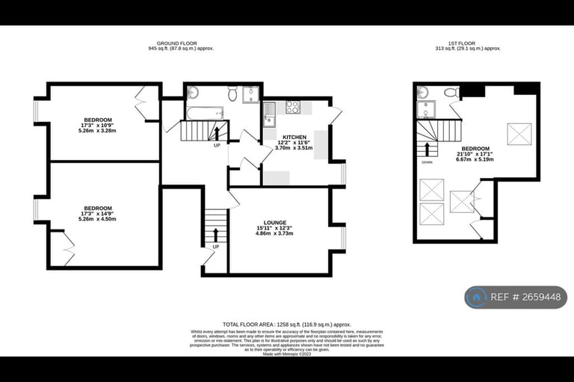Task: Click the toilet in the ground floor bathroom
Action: pos(233,94)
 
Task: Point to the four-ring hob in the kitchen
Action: pos(292,108)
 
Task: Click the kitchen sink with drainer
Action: pos(270,114)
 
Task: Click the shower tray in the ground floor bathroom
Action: pos(250,95)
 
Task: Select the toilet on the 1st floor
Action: pos(451,93)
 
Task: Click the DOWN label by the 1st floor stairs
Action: pos(427,161)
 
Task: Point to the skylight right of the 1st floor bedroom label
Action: pos(519,133)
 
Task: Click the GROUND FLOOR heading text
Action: pos(182,43)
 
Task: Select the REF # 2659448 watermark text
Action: pos(528,298)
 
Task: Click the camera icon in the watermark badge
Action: pos(476,298)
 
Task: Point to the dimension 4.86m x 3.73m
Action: pos(275,234)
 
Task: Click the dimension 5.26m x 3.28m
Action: pos(98,131)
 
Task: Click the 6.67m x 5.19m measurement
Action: pos(475,159)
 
